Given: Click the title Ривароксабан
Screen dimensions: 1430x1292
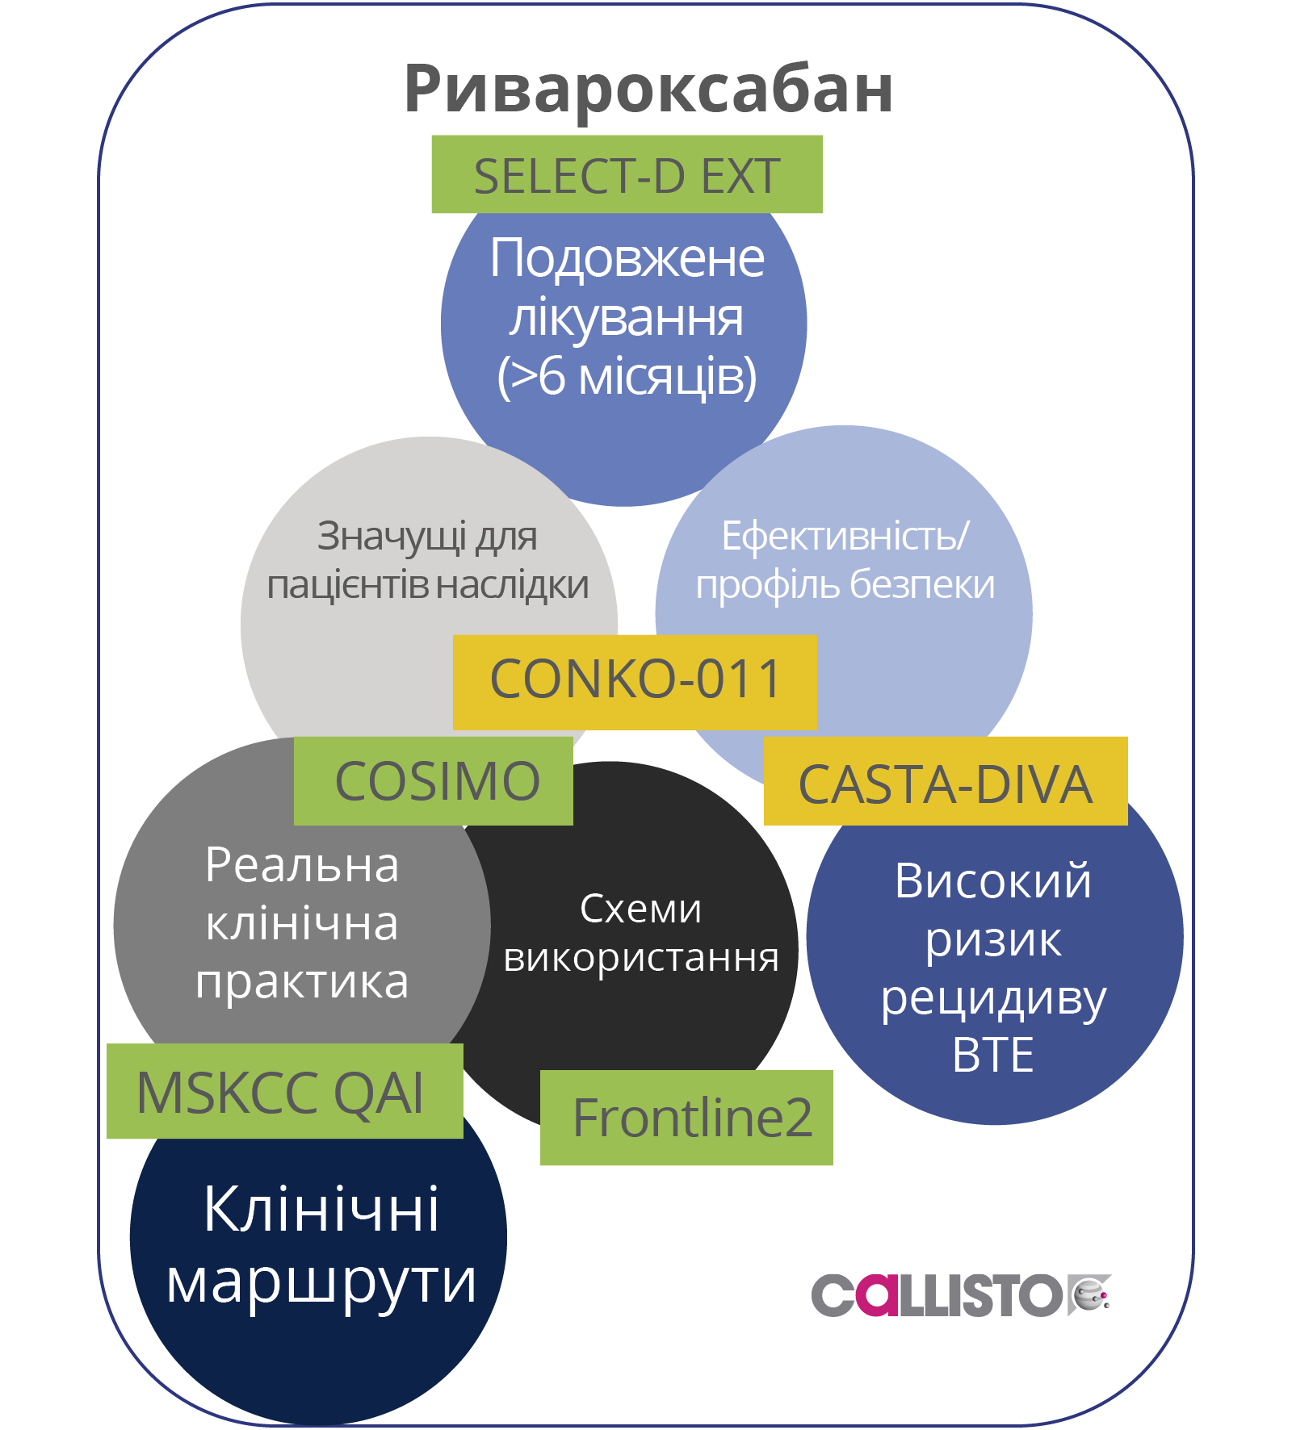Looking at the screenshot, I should click(648, 89).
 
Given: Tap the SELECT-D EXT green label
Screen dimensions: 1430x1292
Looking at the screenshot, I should click(627, 175).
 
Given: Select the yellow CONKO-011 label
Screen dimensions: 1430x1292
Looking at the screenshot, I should click(635, 680).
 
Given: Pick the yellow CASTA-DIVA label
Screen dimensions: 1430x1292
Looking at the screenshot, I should click(945, 784).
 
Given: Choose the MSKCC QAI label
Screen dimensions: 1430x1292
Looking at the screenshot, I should click(281, 1092).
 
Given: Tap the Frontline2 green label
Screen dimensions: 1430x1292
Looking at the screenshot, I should click(691, 1118).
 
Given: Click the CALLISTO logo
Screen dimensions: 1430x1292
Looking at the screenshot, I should click(961, 1295).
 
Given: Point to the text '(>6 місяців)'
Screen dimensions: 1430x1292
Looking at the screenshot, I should click(627, 376).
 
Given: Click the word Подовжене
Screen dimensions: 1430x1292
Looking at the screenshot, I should click(627, 258).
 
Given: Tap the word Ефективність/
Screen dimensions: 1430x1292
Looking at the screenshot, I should click(845, 536).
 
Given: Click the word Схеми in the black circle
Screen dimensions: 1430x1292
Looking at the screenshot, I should click(640, 909).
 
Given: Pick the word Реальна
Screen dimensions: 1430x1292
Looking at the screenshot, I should click(302, 865).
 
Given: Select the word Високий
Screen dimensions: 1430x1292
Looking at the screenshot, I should click(992, 880).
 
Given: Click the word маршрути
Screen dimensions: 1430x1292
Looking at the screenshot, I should click(321, 1282).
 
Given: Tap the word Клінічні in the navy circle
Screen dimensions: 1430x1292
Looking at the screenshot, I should click(321, 1209).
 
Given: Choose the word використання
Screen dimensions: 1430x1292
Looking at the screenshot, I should click(641, 958).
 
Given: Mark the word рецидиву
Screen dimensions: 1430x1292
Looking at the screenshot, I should click(993, 998).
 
